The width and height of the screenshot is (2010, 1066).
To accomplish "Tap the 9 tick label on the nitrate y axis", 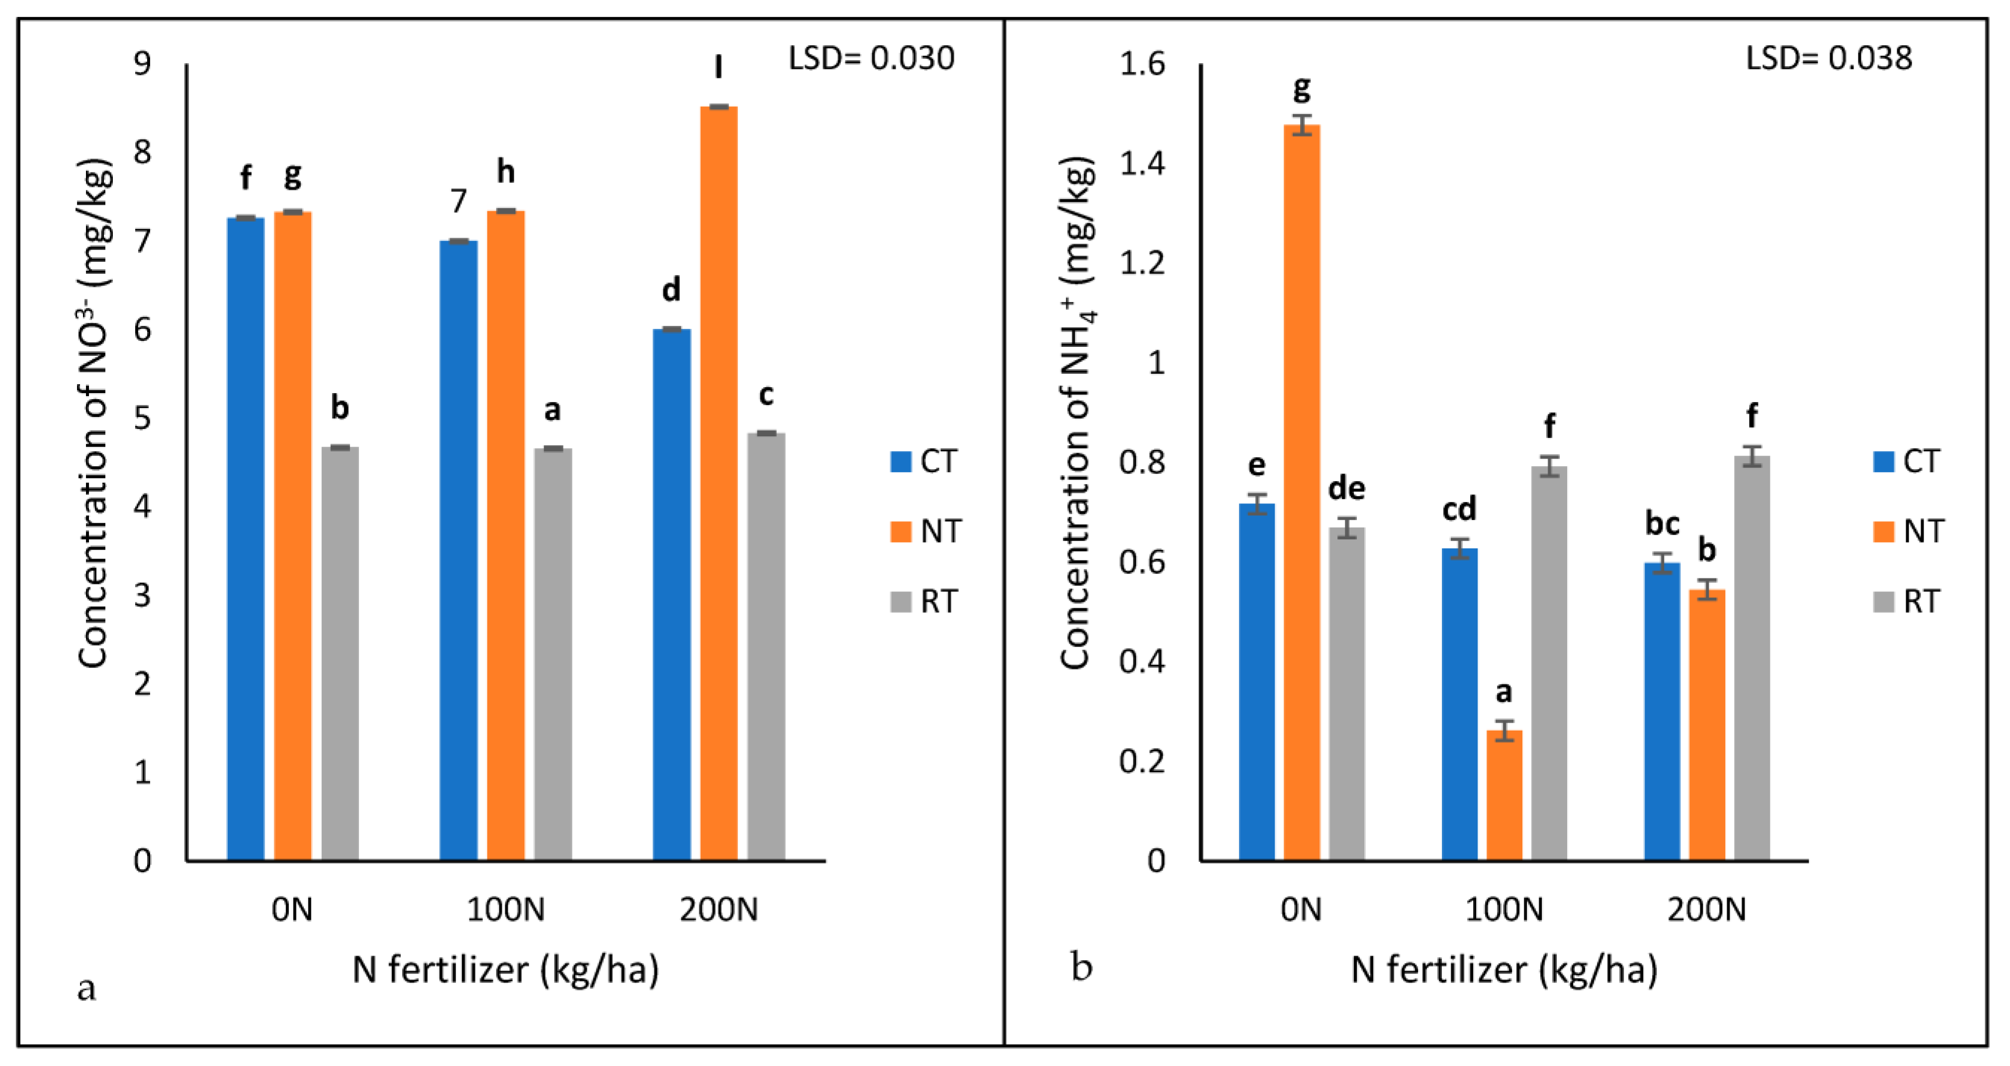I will click(x=142, y=63).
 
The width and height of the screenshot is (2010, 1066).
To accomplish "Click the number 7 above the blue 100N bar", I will click(x=458, y=201).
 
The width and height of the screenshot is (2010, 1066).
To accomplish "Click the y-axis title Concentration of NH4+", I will click(x=1077, y=413).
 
